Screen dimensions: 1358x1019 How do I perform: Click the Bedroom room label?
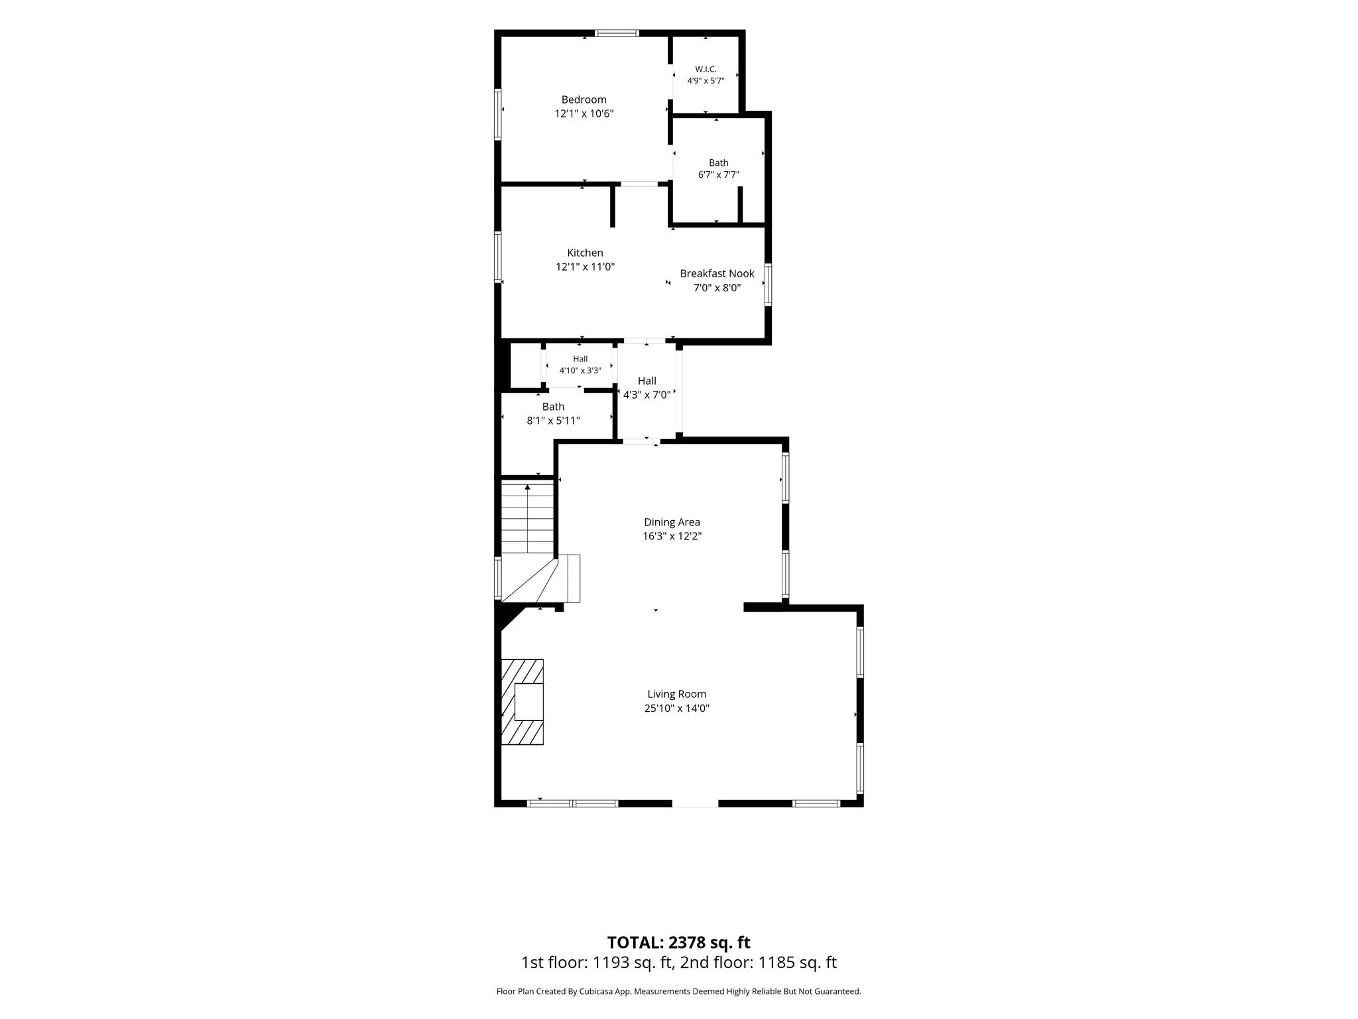(x=584, y=100)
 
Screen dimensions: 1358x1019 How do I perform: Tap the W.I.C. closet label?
(x=706, y=69)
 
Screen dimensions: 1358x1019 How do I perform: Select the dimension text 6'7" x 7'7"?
(x=718, y=175)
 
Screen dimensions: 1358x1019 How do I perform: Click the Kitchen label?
(x=585, y=253)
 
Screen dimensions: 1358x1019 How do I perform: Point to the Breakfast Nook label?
(x=717, y=273)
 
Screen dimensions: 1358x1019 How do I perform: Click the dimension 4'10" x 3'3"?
(x=580, y=371)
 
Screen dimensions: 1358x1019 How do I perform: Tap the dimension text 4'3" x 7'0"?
(x=647, y=395)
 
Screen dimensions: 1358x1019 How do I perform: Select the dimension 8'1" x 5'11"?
(x=553, y=421)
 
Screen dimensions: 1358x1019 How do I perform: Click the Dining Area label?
(x=672, y=522)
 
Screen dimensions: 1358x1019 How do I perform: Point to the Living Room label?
(x=677, y=694)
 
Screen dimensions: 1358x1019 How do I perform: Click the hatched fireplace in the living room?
(x=522, y=702)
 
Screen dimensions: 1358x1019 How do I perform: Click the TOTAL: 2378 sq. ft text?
(x=679, y=942)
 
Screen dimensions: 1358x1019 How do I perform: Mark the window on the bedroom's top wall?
(x=617, y=33)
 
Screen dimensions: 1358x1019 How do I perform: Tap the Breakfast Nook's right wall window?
(x=769, y=285)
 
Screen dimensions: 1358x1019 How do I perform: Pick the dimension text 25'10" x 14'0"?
(x=677, y=709)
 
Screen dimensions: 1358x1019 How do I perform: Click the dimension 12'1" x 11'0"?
(x=585, y=267)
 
